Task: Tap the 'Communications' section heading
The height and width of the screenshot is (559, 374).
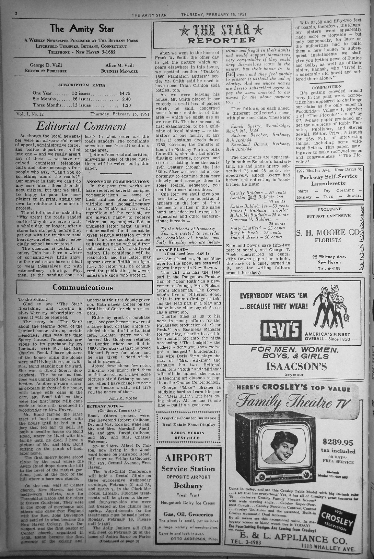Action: pos(82,287)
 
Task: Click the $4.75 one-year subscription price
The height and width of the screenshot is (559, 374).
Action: pos(125,93)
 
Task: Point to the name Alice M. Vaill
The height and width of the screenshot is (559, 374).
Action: pos(119,65)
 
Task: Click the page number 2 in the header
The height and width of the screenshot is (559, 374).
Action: pos(16,13)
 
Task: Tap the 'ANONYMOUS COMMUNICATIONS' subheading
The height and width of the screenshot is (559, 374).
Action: pos(117,182)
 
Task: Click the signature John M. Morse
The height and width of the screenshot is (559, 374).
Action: pos(122,398)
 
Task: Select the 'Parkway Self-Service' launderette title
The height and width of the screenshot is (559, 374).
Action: pos(329,177)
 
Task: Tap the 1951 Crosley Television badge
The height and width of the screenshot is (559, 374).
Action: pos(337,520)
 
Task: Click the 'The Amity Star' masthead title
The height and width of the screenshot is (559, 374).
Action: pos(82,28)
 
